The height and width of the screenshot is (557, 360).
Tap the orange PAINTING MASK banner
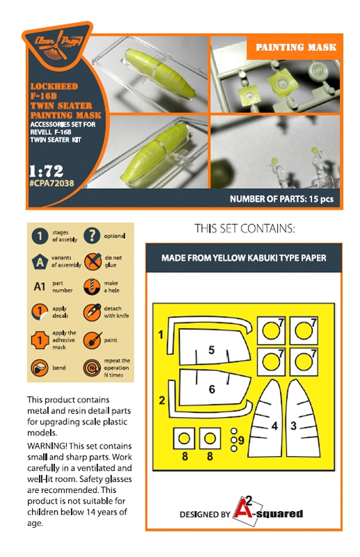pyautogui.click(x=296, y=47)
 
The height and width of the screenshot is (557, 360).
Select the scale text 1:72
pyautogui.click(x=46, y=171)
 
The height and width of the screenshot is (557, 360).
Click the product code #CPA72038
pyautogui.click(x=52, y=184)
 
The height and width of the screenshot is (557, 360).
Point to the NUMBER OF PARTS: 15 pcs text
pyautogui.click(x=281, y=199)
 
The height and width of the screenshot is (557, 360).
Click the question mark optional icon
pyautogui.click(x=92, y=236)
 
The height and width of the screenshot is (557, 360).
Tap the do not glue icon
pyautogui.click(x=93, y=262)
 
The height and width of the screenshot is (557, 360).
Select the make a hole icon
pyautogui.click(x=93, y=287)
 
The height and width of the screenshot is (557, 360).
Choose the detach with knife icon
pyautogui.click(x=93, y=312)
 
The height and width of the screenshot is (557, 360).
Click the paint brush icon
pyautogui.click(x=93, y=340)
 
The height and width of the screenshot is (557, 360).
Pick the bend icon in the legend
pyautogui.click(x=40, y=368)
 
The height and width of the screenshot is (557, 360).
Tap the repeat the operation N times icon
pyautogui.click(x=92, y=368)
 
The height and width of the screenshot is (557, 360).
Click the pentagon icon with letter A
pyautogui.click(x=40, y=262)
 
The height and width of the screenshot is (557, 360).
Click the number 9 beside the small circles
pyautogui.click(x=242, y=441)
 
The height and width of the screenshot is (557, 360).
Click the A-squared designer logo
pyautogui.click(x=267, y=512)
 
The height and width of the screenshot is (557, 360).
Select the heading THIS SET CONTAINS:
pyautogui.click(x=244, y=228)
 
